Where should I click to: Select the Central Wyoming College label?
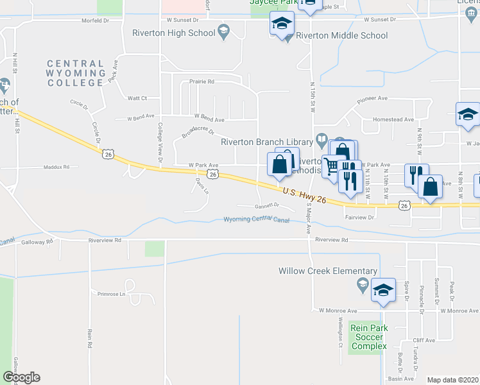click(x=75, y=73)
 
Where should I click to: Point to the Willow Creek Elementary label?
click(x=328, y=271)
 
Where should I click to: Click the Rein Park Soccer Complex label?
click(x=368, y=337)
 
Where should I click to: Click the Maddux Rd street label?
click(x=56, y=167)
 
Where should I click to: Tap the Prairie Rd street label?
click(x=201, y=81)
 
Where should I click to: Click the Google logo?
click(x=21, y=377)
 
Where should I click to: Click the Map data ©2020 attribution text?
click(x=452, y=380)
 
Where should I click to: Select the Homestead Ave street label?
click(x=393, y=119)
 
